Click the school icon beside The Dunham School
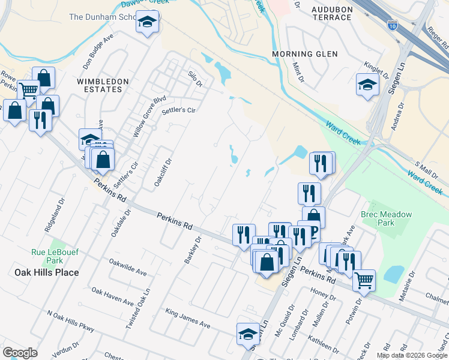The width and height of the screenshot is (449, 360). tap(146, 23)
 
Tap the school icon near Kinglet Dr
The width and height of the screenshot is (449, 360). tap(367, 84)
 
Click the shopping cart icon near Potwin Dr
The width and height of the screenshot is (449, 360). tap(364, 279)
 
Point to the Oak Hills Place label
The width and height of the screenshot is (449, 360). tap(46, 272)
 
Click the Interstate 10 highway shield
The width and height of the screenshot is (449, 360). tap(392, 25)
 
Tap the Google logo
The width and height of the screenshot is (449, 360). tap(20, 353)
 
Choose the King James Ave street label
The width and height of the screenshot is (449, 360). tap(188, 319)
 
